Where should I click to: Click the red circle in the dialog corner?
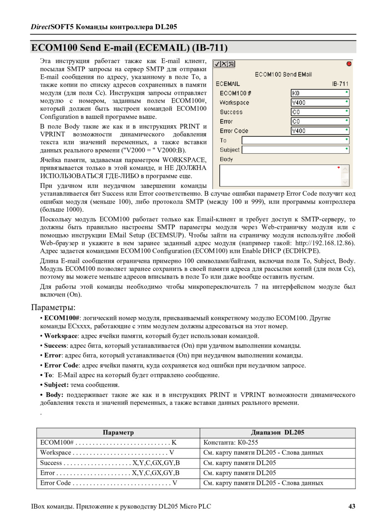pos(349,64)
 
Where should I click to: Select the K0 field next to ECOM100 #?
pos(320,93)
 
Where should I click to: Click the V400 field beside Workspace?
pos(320,103)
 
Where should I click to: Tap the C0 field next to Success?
pos(320,112)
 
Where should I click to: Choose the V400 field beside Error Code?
pos(320,131)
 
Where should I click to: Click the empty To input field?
pos(295,140)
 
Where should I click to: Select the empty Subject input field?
pos(295,150)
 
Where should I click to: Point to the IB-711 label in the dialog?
pos(340,84)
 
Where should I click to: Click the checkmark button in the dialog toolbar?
pos(217,64)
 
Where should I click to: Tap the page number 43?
pos(351,506)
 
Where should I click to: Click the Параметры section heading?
pos(53,308)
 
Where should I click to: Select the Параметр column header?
pos(118,433)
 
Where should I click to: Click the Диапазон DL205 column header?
pos(277,433)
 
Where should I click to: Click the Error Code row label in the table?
pos(56,483)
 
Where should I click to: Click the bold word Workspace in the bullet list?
pos(61,336)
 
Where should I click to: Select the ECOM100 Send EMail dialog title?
pos(283,75)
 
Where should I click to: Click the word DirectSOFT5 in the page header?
pos(51,27)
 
